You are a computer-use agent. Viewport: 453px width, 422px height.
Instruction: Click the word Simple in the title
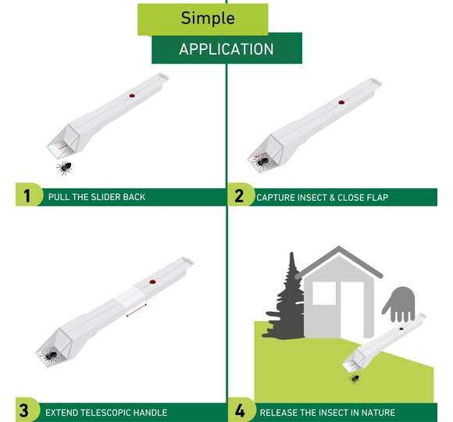click(x=208, y=19)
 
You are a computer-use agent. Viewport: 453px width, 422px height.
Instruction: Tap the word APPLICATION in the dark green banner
click(x=226, y=49)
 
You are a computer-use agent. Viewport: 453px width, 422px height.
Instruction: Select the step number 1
click(x=27, y=196)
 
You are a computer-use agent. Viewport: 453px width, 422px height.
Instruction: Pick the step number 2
click(x=239, y=195)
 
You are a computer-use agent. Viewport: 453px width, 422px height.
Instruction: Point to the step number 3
click(x=23, y=410)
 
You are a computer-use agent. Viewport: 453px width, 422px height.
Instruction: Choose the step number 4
click(x=240, y=410)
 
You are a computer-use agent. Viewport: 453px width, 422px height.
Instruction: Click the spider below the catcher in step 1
click(x=64, y=168)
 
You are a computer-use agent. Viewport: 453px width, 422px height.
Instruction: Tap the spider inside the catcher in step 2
click(x=261, y=162)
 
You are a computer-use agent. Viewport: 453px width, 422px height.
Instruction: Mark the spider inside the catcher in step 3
click(x=50, y=356)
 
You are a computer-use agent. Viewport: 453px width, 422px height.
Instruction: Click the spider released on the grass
click(x=354, y=378)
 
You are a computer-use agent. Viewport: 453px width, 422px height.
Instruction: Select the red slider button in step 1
click(x=132, y=95)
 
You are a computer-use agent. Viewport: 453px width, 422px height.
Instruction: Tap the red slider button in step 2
click(x=341, y=102)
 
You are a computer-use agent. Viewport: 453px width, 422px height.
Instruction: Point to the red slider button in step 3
click(x=152, y=282)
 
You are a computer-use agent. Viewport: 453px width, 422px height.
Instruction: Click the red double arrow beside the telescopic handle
click(x=137, y=309)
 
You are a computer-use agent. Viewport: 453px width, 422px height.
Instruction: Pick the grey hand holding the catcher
click(x=399, y=304)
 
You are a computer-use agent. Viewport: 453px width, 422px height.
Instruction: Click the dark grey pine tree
click(x=287, y=301)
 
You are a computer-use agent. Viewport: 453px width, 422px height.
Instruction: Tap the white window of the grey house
click(x=324, y=293)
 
